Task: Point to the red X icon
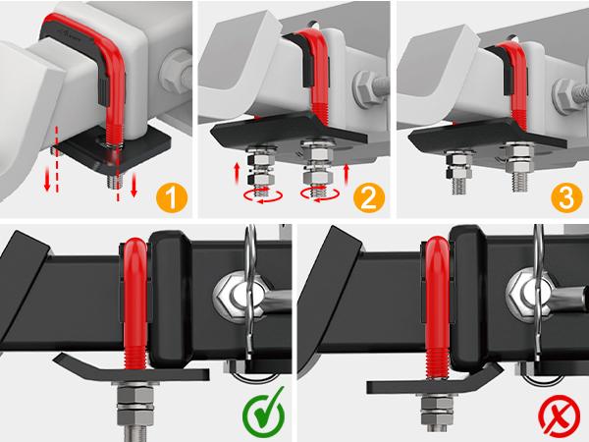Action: click(558, 414)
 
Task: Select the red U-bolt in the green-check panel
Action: click(135, 295)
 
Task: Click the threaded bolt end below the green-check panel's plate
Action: click(133, 417)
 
